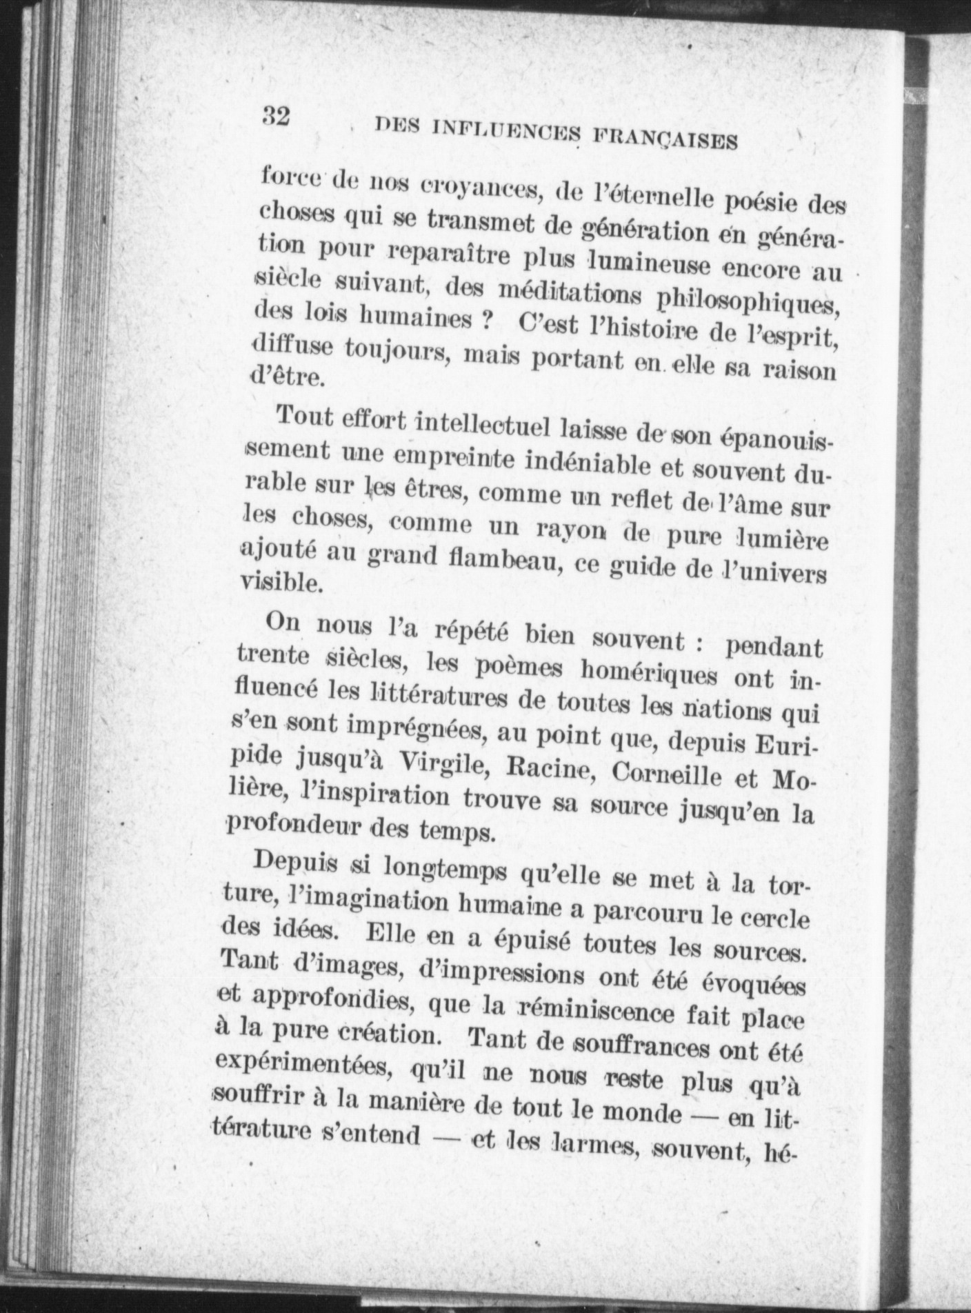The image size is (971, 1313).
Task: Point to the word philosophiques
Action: click(748, 303)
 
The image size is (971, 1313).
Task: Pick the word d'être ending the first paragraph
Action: click(286, 377)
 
